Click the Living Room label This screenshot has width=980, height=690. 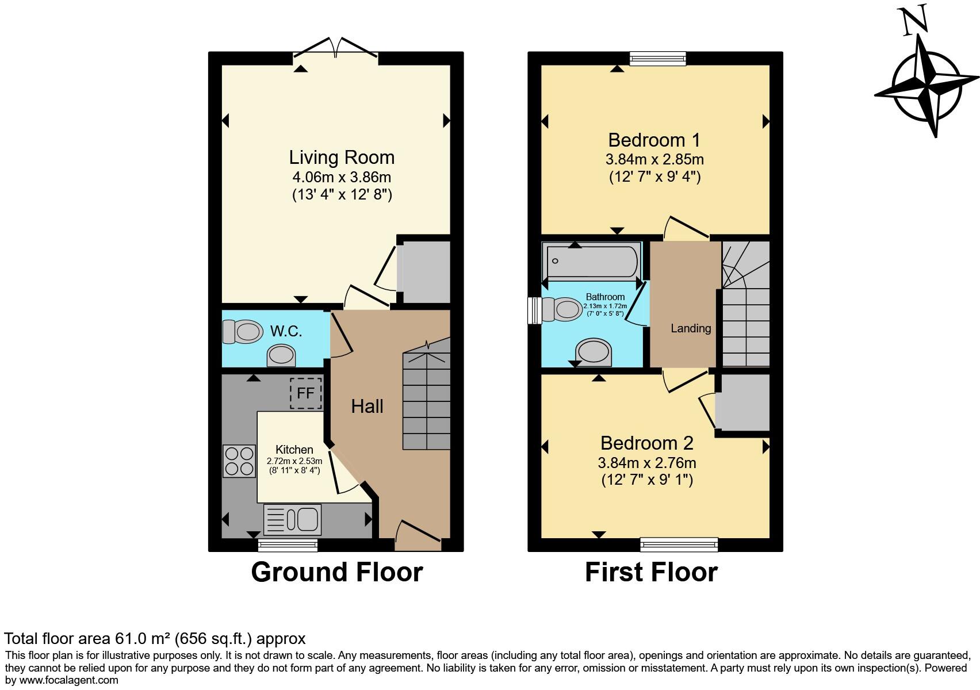click(342, 158)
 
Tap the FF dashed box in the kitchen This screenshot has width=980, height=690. click(305, 393)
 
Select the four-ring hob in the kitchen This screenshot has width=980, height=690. click(239, 462)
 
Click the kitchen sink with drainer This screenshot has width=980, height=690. click(293, 520)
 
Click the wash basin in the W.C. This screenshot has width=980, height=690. click(282, 355)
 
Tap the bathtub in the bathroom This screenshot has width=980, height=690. click(592, 262)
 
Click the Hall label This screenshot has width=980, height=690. click(367, 407)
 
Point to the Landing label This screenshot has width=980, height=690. click(691, 328)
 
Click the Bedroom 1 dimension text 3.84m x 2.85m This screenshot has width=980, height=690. click(654, 159)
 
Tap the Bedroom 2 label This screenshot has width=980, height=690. click(647, 443)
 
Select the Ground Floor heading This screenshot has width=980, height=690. click(337, 572)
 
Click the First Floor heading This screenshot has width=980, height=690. click(651, 572)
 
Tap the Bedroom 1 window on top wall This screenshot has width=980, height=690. click(658, 57)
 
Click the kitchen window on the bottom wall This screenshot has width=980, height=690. click(288, 545)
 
